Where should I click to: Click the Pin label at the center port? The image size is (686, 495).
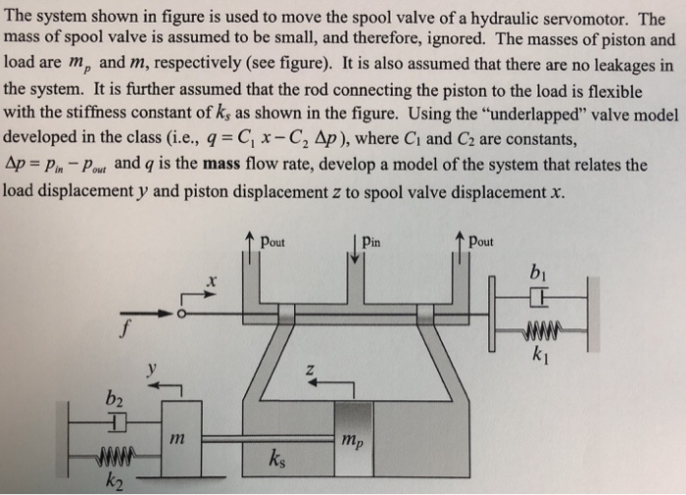pyautogui.click(x=374, y=239)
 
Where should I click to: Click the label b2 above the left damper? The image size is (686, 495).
pyautogui.click(x=117, y=400)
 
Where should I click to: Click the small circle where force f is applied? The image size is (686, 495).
pyautogui.click(x=180, y=315)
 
